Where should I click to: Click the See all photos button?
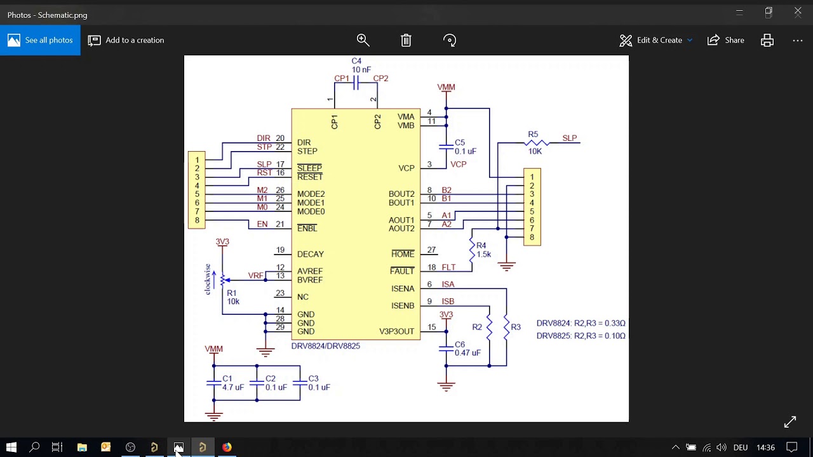[x=40, y=40]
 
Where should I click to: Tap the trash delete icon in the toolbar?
[x=406, y=40]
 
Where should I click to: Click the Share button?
[x=726, y=40]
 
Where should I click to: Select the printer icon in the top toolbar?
[x=767, y=40]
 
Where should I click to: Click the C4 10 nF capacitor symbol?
[x=356, y=83]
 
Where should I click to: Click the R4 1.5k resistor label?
[x=483, y=250]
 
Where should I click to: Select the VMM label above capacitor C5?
[x=446, y=87]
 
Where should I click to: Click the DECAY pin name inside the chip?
[x=310, y=254]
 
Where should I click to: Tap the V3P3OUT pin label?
[x=396, y=331]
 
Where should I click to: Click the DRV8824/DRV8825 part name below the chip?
[x=325, y=346]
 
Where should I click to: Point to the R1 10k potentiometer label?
[x=233, y=297]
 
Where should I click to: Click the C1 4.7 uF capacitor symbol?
[x=214, y=383]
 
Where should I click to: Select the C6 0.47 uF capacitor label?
[x=467, y=348]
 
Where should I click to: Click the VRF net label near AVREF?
[x=255, y=275]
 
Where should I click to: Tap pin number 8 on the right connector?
[x=532, y=237]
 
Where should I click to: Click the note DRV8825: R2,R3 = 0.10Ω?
[x=581, y=336]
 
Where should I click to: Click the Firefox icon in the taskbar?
[x=227, y=447]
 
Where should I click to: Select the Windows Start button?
[x=11, y=447]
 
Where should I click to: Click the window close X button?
[x=798, y=11]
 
